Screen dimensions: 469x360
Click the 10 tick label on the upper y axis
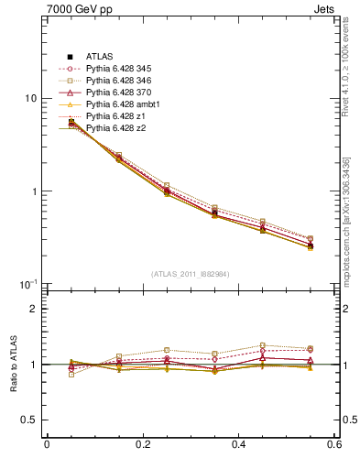(30, 98)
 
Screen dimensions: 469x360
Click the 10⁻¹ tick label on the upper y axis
(28, 284)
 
